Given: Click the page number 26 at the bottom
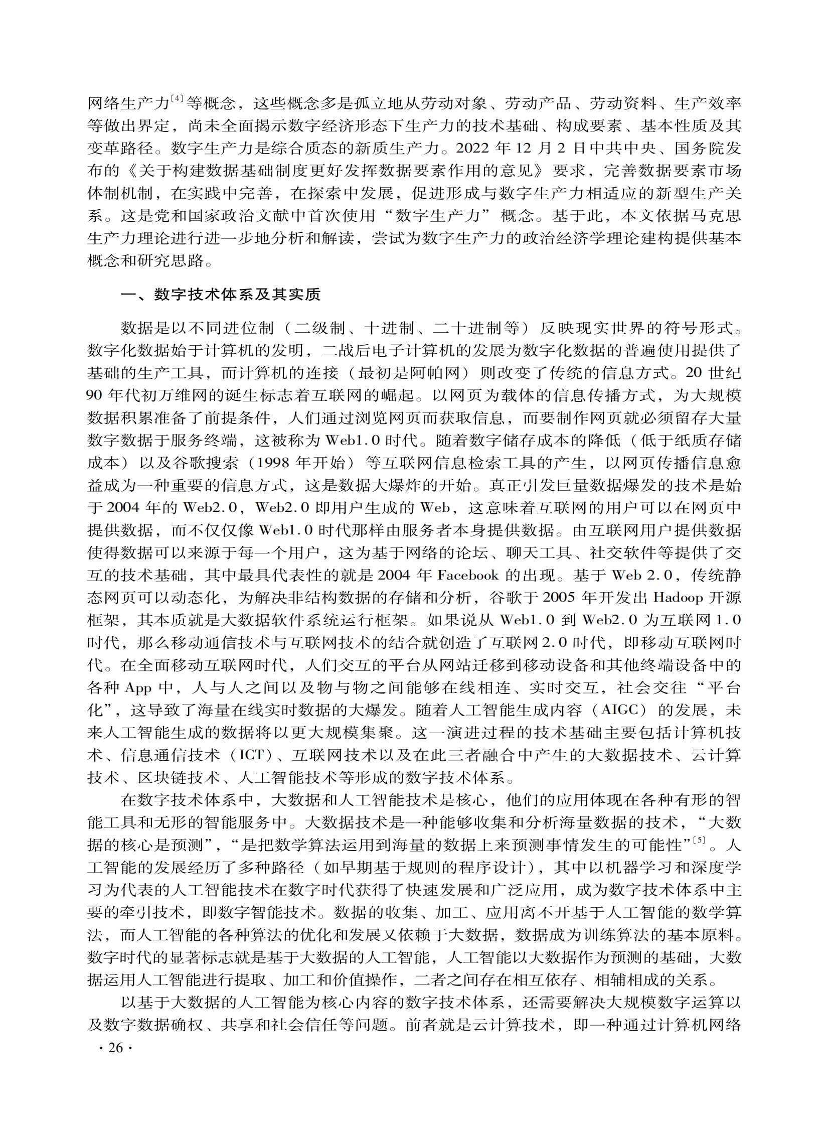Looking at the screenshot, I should (x=115, y=1048).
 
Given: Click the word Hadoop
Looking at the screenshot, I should (x=678, y=598).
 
